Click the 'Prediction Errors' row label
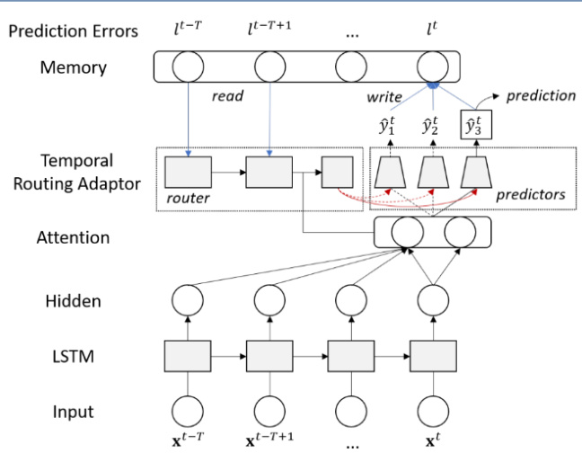pyautogui.click(x=73, y=31)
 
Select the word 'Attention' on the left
pyautogui.click(x=73, y=238)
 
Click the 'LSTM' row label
pyautogui.click(x=73, y=357)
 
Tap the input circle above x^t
pyautogui.click(x=432, y=411)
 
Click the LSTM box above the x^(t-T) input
pyautogui.click(x=188, y=356)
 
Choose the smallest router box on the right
pyautogui.click(x=337, y=172)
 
